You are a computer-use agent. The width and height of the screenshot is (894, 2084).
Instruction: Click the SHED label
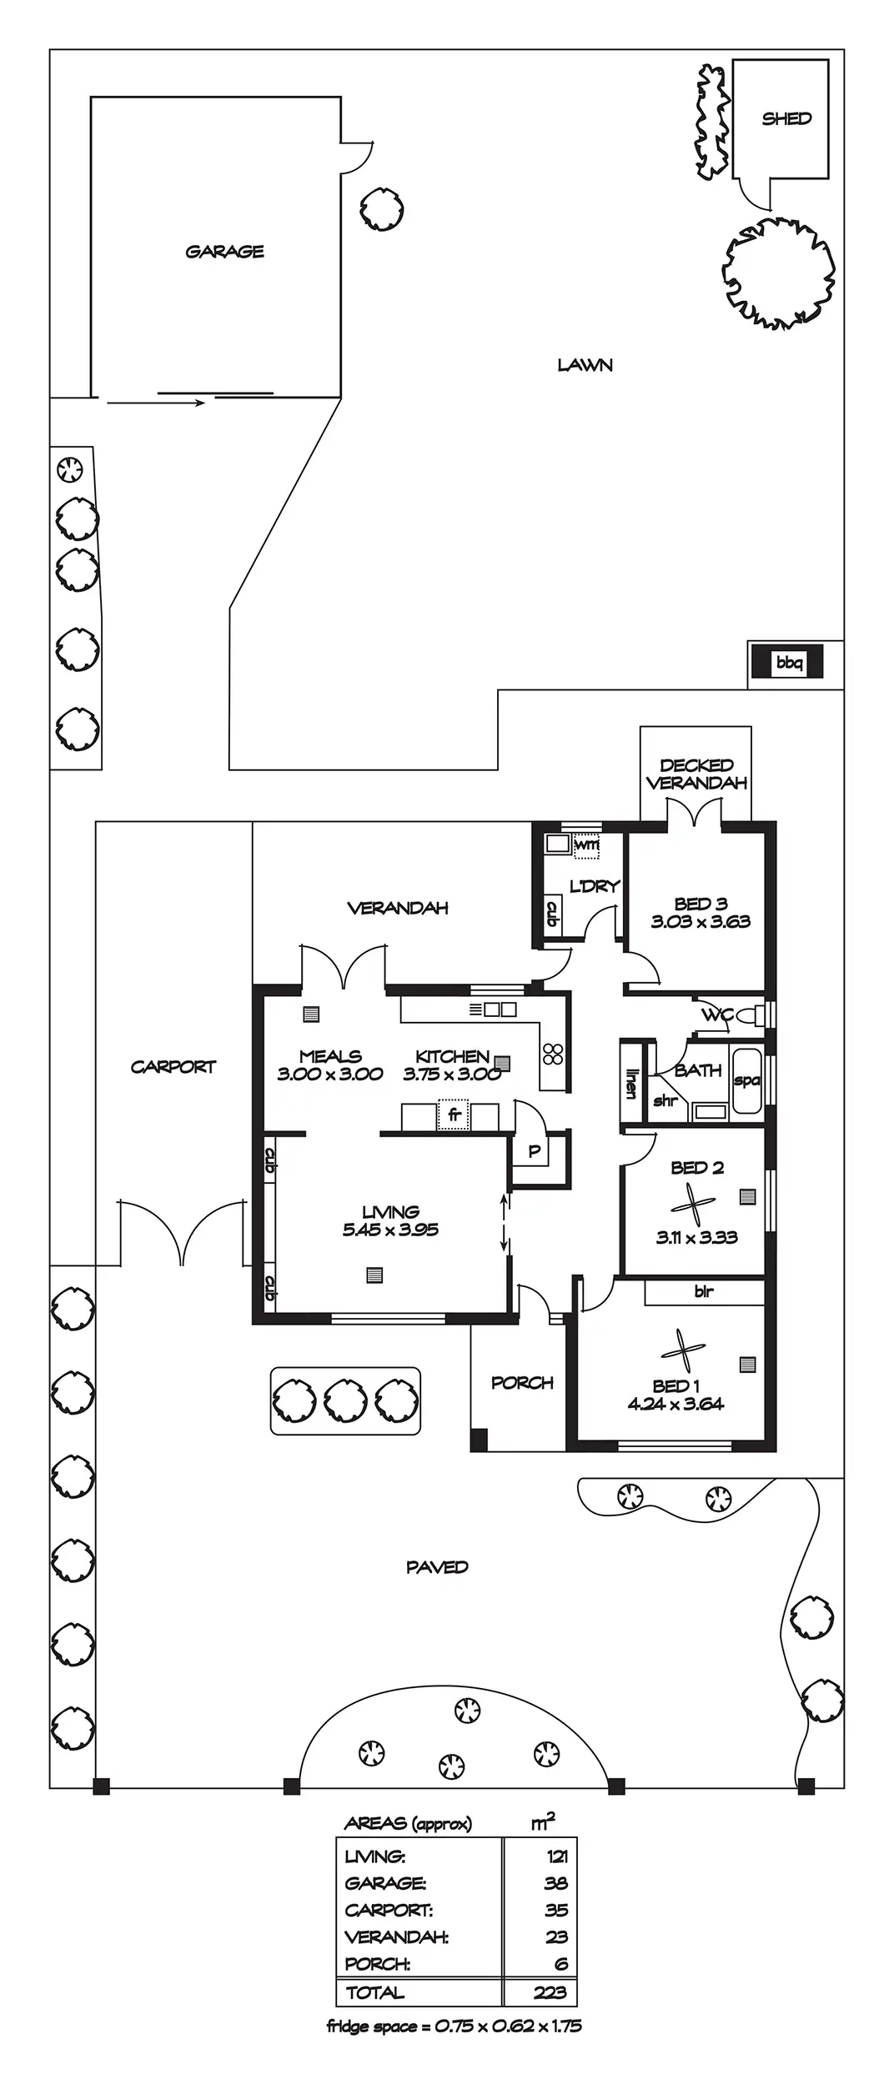pos(786,118)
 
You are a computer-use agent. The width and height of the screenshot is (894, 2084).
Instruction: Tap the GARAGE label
pos(224,251)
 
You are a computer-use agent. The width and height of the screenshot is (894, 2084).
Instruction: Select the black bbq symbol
pos(787,663)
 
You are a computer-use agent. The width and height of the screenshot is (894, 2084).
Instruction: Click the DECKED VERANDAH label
pos(696,774)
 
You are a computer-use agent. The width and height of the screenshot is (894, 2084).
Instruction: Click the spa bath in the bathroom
pos(746,1081)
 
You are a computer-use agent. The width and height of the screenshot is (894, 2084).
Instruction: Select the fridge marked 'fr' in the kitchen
pos(454,1115)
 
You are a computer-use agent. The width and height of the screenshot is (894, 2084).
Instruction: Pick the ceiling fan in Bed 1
pos(683,1350)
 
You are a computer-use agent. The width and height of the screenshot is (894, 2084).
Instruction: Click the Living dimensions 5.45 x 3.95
pos(390,1230)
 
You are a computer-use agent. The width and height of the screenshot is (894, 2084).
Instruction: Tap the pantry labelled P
pos(535,1152)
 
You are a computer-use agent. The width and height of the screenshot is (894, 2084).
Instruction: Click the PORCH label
pos(522,1382)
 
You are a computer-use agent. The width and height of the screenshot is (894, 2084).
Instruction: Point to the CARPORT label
pos(173,1066)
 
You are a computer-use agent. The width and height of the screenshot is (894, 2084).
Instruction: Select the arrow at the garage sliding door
pos(157,403)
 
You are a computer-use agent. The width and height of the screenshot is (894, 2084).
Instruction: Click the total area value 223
pos(550,1992)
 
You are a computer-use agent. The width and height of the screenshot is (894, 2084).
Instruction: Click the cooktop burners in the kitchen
pos(553,1055)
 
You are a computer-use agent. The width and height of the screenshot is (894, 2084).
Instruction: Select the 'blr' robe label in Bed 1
pos(704,1291)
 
